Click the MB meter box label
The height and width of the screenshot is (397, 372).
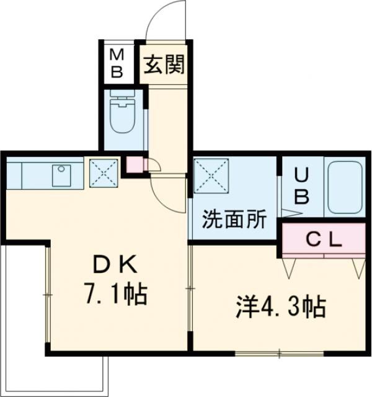[118, 63]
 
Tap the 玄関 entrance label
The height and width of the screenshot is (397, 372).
[164, 65]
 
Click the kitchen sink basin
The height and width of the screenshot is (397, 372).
[61, 175]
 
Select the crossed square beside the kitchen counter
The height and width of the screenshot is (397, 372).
[104, 173]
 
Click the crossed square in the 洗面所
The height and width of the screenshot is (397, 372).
[211, 175]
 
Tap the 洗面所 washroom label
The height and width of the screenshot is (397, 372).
[234, 219]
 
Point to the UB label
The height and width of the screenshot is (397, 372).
[302, 186]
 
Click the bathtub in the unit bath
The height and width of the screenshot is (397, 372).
[345, 187]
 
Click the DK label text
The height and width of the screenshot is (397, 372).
[116, 265]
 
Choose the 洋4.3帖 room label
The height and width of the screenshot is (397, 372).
[281, 308]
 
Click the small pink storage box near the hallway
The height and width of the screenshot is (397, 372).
[135, 164]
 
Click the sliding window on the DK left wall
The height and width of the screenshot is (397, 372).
[48, 295]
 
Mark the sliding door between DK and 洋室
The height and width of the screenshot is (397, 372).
[190, 288]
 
